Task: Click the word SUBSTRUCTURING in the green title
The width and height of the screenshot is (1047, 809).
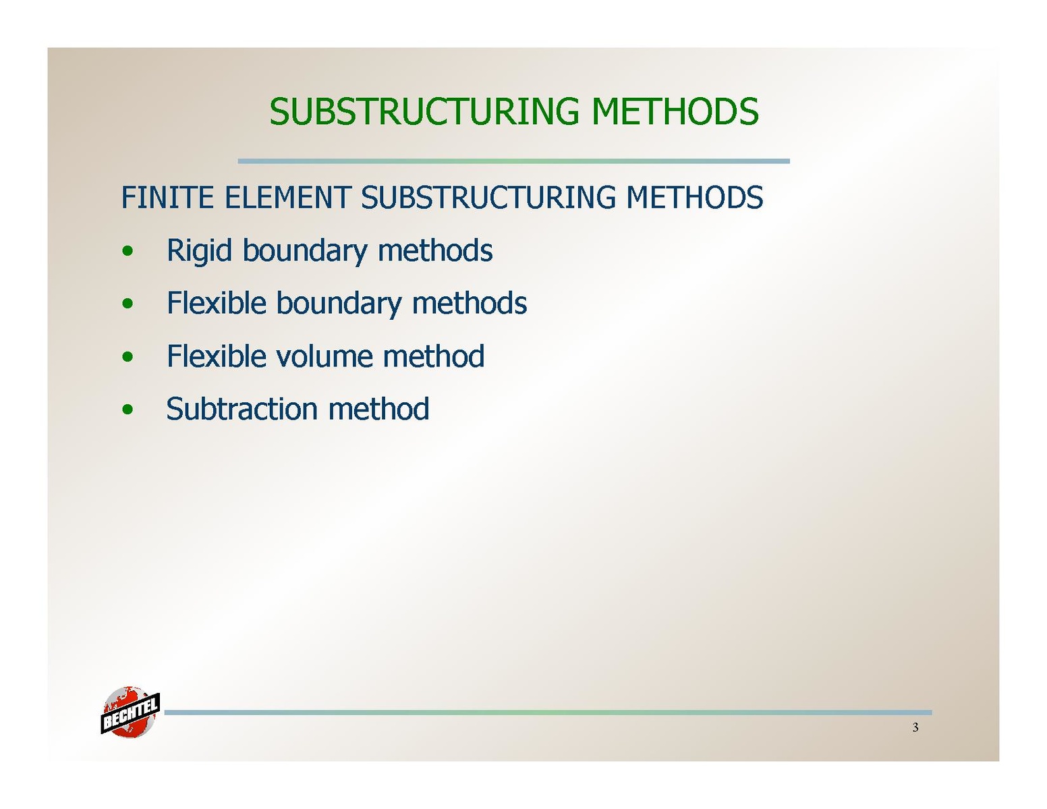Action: pyautogui.click(x=424, y=111)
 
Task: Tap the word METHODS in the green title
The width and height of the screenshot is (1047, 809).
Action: pyautogui.click(x=675, y=111)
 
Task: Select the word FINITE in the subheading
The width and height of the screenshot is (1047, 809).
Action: pyautogui.click(x=167, y=197)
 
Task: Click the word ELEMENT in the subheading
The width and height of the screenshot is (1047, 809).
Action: pyautogui.click(x=287, y=197)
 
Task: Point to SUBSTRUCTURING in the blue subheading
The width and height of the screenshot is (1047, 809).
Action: pyautogui.click(x=488, y=197)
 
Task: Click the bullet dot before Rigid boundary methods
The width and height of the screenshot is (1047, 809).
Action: pyautogui.click(x=128, y=250)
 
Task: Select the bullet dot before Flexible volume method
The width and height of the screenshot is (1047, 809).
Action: pyautogui.click(x=128, y=356)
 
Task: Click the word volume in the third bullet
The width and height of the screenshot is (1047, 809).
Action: pyautogui.click(x=324, y=356)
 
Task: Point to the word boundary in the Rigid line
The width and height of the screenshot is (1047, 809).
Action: pyautogui.click(x=304, y=251)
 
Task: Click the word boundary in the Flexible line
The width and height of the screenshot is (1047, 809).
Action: pyautogui.click(x=339, y=304)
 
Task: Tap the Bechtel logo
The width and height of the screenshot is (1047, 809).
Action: pyautogui.click(x=130, y=712)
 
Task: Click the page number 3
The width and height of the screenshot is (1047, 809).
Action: pyautogui.click(x=915, y=727)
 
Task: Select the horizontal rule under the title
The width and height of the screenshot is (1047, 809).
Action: pyautogui.click(x=513, y=161)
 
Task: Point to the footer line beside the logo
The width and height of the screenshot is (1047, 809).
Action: pyautogui.click(x=548, y=712)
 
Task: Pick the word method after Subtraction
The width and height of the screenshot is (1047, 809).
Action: pyautogui.click(x=378, y=409)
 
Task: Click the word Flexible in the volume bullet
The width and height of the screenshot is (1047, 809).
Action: pyautogui.click(x=217, y=356)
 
